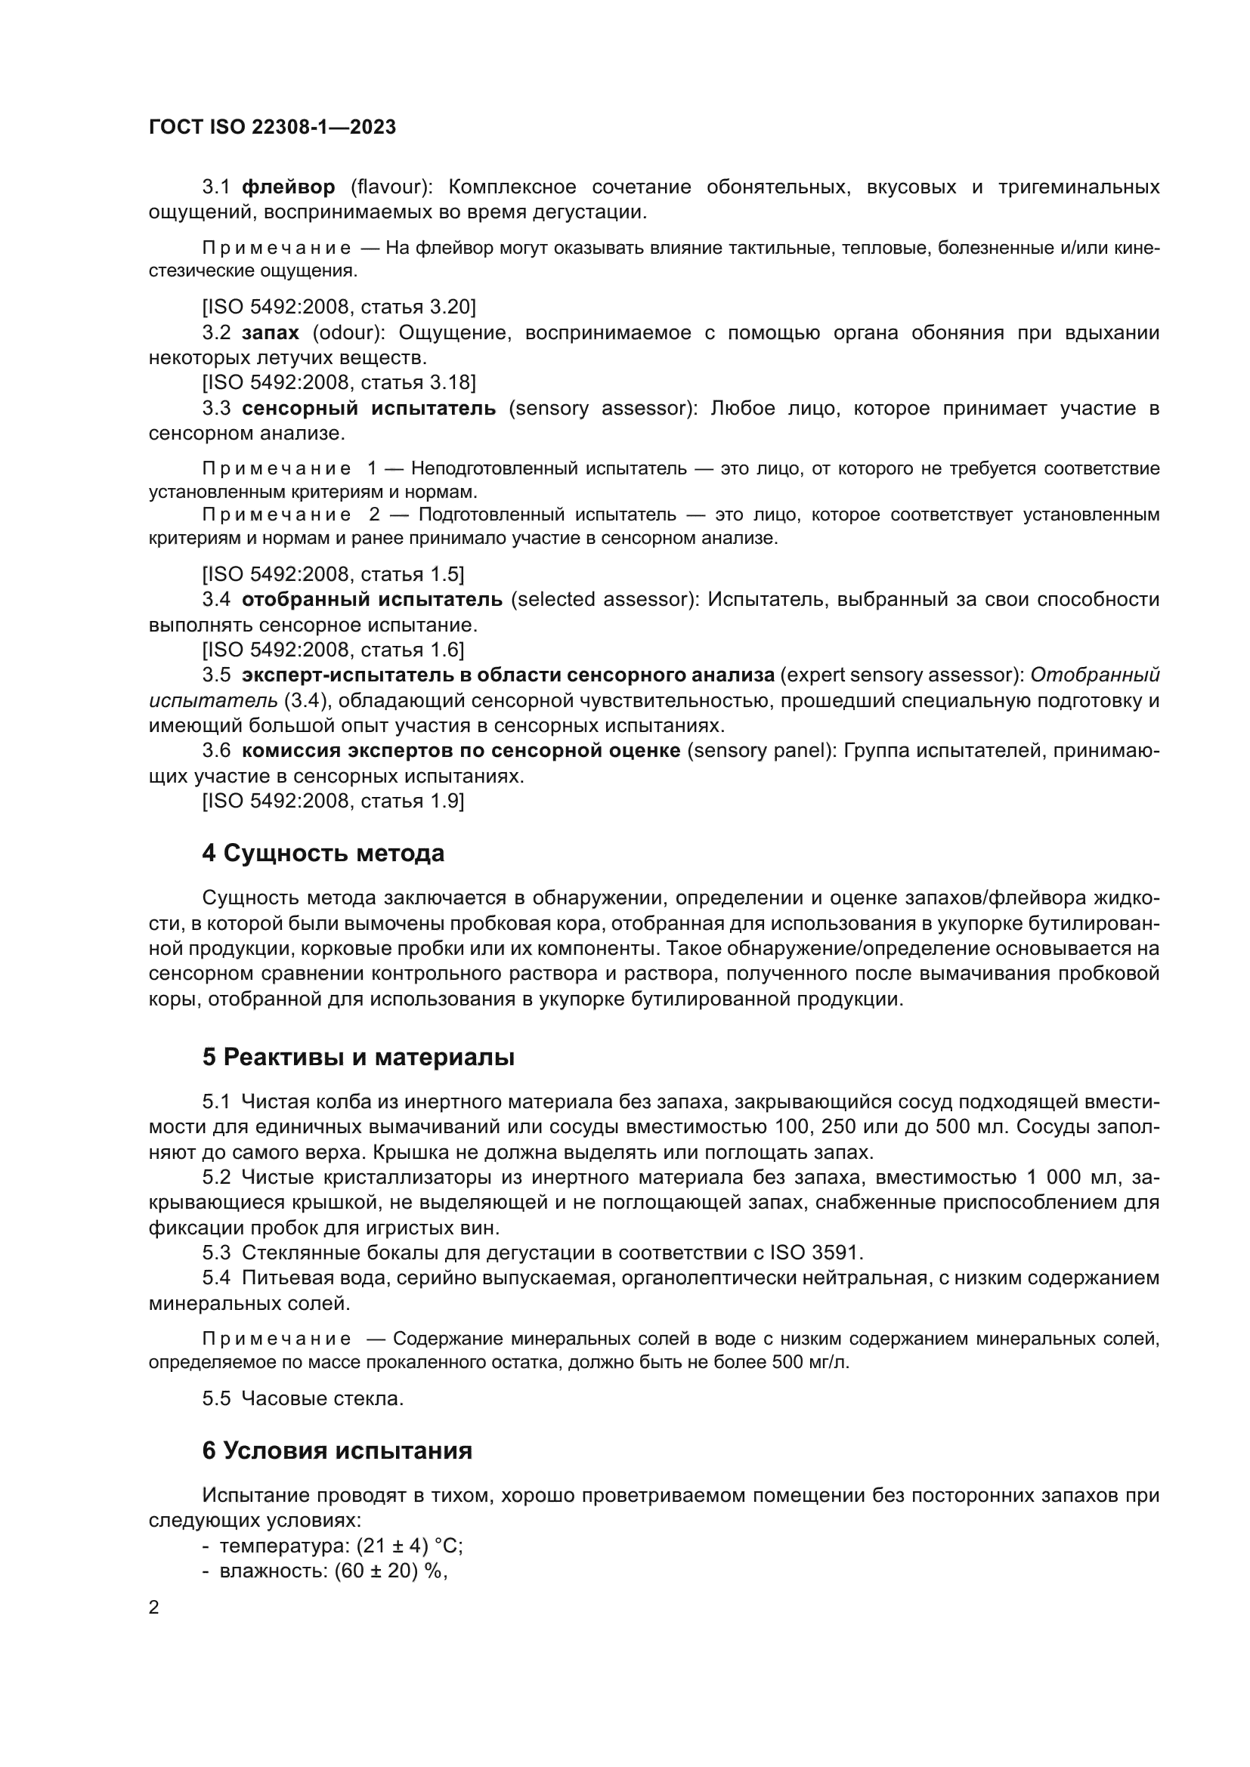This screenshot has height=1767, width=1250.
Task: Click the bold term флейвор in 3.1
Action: [289, 187]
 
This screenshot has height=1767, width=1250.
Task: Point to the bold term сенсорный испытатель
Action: [369, 408]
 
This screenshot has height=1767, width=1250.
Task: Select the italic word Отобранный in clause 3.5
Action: [1094, 675]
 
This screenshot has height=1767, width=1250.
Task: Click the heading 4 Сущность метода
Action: [323, 854]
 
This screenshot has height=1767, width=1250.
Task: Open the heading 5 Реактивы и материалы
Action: [358, 1058]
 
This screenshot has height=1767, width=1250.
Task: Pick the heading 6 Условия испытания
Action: [337, 1450]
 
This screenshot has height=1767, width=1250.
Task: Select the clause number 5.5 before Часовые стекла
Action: [216, 1398]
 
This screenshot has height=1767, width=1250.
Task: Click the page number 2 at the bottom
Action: [154, 1608]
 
